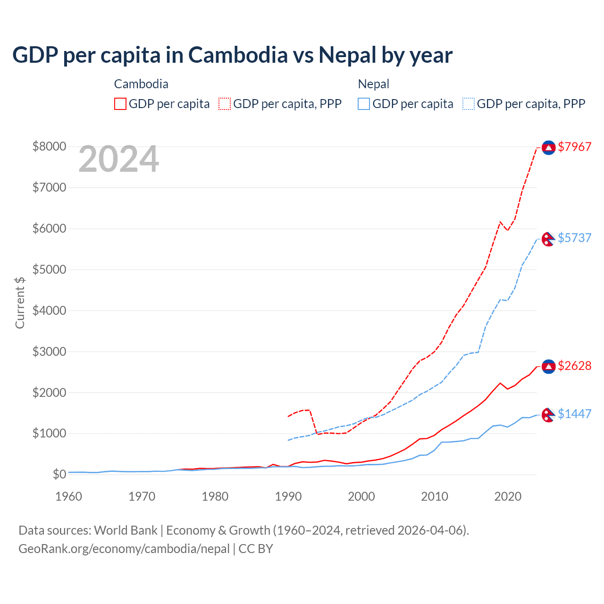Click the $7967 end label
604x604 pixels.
click(x=574, y=147)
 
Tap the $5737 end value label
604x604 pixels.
click(x=574, y=238)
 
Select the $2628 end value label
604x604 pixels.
click(x=574, y=366)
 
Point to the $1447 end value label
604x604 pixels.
click(x=574, y=414)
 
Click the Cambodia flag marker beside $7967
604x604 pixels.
click(x=548, y=148)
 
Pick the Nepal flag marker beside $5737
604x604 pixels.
click(x=548, y=239)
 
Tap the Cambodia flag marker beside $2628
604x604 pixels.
click(x=548, y=366)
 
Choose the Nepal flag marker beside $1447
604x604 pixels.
click(x=548, y=415)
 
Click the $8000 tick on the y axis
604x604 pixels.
click(x=49, y=146)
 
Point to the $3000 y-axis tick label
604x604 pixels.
click(x=49, y=352)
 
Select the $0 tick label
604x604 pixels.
click(x=59, y=474)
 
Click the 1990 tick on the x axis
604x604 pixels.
click(x=288, y=496)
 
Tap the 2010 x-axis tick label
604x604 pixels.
click(x=435, y=496)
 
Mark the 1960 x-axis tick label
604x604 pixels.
click(x=69, y=496)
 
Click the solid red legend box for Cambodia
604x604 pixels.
click(x=120, y=104)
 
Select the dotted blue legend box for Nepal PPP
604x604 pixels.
click(x=469, y=104)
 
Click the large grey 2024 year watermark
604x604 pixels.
click(x=118, y=159)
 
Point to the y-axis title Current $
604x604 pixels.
click(x=20, y=302)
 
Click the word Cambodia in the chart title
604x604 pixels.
click(x=238, y=55)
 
